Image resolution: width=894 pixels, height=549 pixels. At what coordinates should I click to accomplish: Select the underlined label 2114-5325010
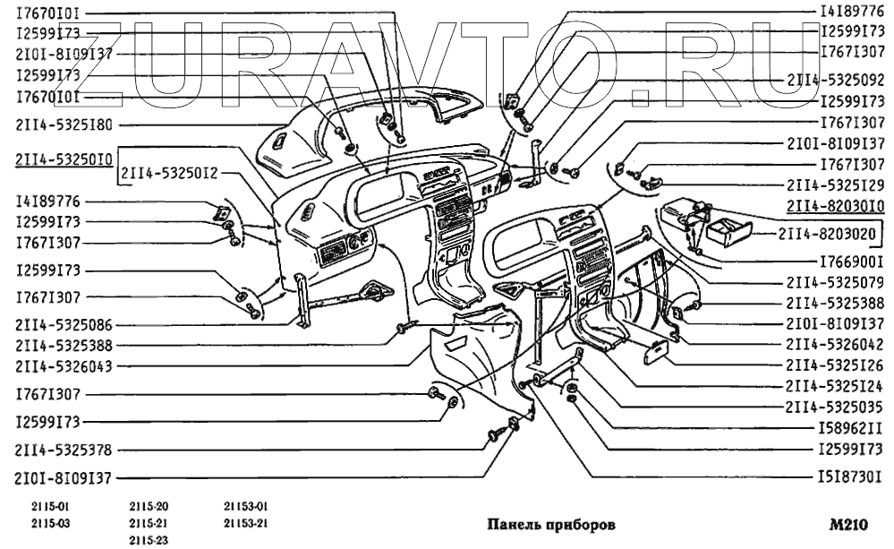pyautogui.click(x=63, y=160)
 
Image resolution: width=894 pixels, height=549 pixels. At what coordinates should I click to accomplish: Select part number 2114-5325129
pyautogui.click(x=836, y=186)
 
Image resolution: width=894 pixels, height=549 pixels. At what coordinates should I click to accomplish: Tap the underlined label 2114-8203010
pyautogui.click(x=836, y=207)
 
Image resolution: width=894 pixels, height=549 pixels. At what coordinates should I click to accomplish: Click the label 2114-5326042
pyautogui.click(x=836, y=345)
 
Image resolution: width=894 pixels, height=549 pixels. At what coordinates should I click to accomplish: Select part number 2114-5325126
pyautogui.click(x=836, y=365)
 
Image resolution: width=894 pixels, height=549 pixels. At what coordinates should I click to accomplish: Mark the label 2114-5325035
pyautogui.click(x=836, y=407)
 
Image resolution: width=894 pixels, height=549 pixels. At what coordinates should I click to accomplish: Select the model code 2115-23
pyautogui.click(x=149, y=540)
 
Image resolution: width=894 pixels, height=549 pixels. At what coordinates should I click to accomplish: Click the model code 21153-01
pyautogui.click(x=246, y=508)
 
